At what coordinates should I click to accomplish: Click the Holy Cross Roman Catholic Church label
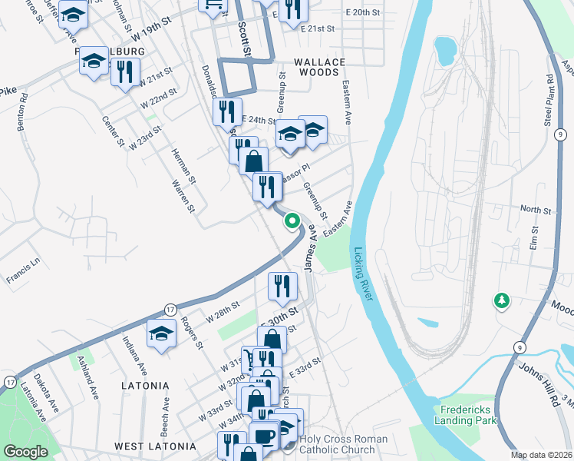pyautogui.click(x=343, y=445)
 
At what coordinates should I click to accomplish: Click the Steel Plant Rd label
pyautogui.click(x=549, y=99)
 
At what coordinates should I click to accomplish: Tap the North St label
pyautogui.click(x=536, y=209)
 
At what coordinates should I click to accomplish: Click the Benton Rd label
pyautogui.click(x=22, y=112)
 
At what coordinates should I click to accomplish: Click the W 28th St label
pyautogui.click(x=224, y=312)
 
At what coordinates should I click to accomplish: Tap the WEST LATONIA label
pyautogui.click(x=152, y=446)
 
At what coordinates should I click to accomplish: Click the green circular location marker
pyautogui.click(x=292, y=221)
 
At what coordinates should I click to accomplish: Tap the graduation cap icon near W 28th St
pyautogui.click(x=161, y=333)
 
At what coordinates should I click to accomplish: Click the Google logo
pyautogui.click(x=25, y=452)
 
